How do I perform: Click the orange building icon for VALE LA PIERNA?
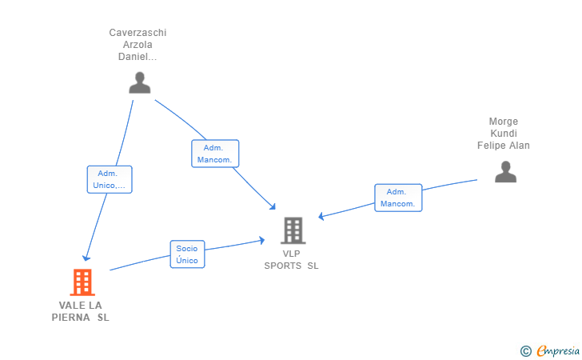click(82, 282)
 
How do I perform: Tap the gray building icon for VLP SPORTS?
click(293, 230)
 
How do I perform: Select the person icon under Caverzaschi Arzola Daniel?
click(140, 82)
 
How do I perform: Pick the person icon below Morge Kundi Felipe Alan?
click(505, 172)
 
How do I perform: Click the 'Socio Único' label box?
click(187, 254)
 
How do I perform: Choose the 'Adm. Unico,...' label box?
click(110, 179)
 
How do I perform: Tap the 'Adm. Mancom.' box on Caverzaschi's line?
click(215, 154)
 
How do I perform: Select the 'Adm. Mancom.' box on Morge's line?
click(398, 198)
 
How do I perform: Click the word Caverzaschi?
click(138, 33)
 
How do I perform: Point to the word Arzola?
click(138, 45)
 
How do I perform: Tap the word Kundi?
click(504, 134)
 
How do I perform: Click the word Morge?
click(504, 122)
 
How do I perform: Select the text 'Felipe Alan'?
click(504, 146)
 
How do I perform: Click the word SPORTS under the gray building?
click(283, 266)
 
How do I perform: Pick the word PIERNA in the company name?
click(71, 318)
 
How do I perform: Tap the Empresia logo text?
click(558, 350)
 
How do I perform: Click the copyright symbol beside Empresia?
click(526, 350)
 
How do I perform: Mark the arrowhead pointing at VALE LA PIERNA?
click(86, 258)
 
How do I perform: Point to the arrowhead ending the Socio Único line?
click(261, 240)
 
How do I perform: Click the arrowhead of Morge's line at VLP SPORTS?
click(321, 216)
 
